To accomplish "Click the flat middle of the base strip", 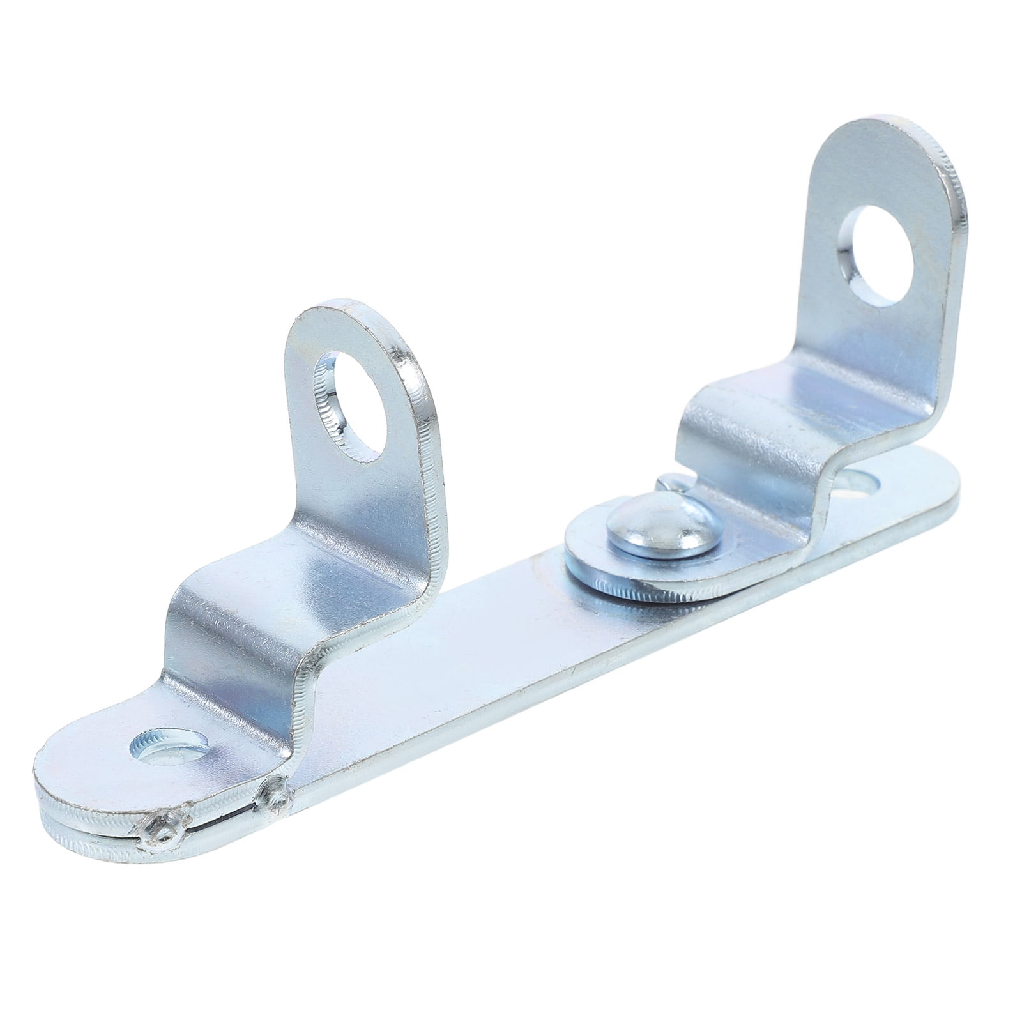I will [447, 645].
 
